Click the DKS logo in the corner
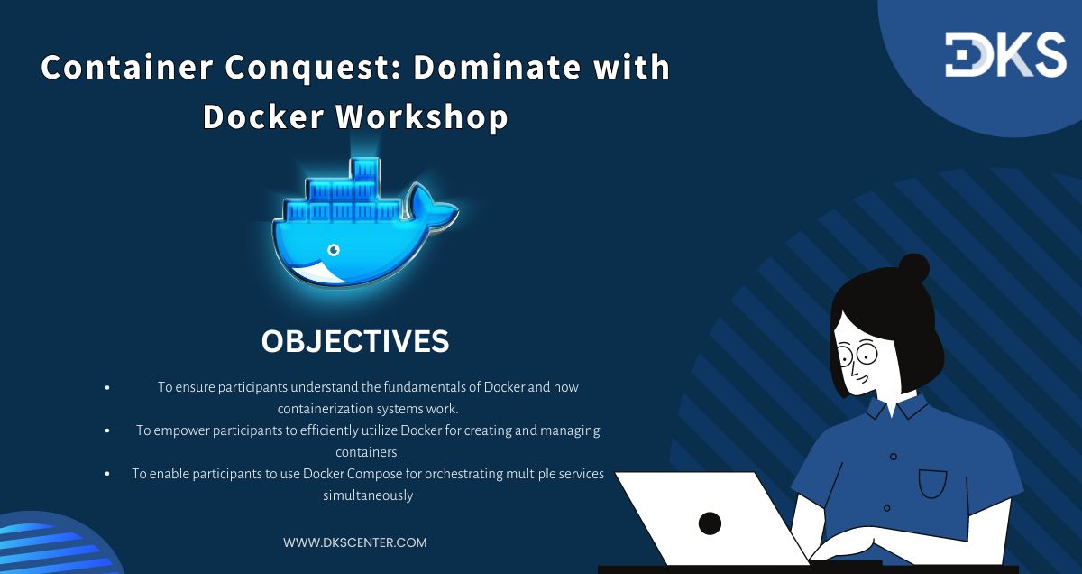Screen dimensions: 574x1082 click(1005, 56)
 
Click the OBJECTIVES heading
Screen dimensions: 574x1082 click(354, 341)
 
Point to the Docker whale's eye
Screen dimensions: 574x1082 click(334, 248)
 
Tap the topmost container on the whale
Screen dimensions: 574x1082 click(366, 169)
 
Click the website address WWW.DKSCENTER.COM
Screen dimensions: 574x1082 click(354, 542)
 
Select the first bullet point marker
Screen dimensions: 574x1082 click(107, 387)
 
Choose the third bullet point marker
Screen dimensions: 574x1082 click(107, 474)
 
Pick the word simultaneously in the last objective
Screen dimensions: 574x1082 click(368, 495)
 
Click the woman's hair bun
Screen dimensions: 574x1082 click(912, 268)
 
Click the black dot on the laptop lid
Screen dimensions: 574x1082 click(710, 523)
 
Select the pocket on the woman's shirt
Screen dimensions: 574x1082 click(932, 483)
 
